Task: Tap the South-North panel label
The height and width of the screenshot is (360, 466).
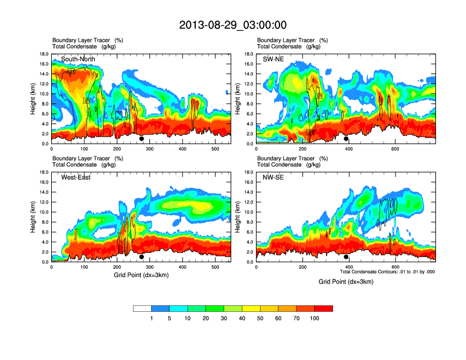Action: coord(78,59)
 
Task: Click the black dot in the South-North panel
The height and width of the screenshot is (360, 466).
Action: coord(142,139)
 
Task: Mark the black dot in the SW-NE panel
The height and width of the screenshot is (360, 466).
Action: coord(346,139)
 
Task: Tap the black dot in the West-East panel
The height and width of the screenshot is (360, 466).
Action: coord(142,257)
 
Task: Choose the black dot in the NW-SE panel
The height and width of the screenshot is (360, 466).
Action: coord(346,257)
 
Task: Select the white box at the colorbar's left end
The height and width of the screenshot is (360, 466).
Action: coord(142,308)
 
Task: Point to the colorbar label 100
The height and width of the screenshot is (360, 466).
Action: coord(315,318)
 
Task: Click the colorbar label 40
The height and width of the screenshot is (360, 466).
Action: coord(242,318)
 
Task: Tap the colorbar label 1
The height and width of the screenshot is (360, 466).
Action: coord(151,318)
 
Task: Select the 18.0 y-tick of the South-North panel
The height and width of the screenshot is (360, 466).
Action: coord(44,54)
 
